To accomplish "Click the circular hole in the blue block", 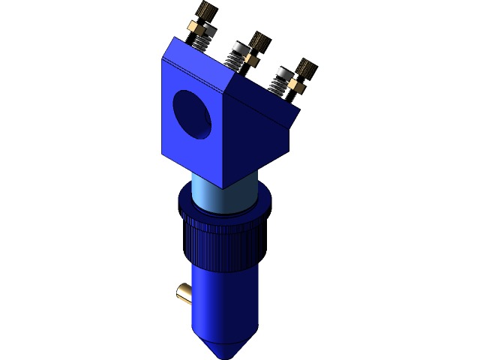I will pos(193,112).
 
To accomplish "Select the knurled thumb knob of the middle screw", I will pos(259,40).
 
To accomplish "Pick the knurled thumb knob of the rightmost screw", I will pos(305,70).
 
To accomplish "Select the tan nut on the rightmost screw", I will pos(296,87).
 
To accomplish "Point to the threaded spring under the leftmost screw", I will pos(199,42).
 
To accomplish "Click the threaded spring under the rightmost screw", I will pos(278,85).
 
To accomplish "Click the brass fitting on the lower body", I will pos(184,293).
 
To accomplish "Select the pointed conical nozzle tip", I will pos(225,347).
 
